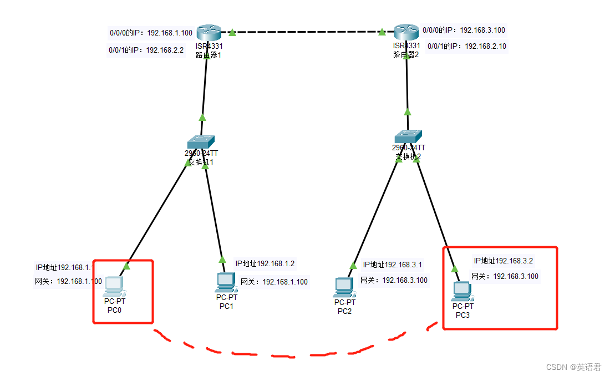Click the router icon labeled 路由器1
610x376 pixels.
209,33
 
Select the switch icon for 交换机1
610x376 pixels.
200,141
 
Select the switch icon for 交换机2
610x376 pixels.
408,136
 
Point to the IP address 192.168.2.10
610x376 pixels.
485,47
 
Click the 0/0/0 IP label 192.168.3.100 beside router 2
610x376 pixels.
482,31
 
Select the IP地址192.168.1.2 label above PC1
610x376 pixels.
265,264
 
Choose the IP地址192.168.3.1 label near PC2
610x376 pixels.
393,265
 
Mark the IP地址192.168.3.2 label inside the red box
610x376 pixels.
504,261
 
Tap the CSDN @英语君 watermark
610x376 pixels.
573,367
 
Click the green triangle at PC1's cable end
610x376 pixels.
222,259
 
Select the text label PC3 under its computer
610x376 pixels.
462,315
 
